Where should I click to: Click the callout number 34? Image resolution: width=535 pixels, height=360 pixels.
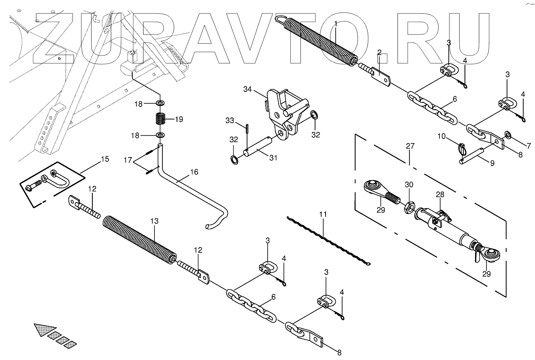click(x=248, y=89)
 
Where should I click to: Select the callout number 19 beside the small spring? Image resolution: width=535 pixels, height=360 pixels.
click(x=179, y=119)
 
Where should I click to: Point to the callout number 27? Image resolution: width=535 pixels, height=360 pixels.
click(x=410, y=146)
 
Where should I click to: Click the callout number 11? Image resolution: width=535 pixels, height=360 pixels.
click(x=322, y=214)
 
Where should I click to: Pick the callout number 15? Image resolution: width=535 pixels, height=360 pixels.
click(x=104, y=159)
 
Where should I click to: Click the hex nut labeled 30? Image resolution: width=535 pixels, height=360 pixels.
click(x=408, y=208)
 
